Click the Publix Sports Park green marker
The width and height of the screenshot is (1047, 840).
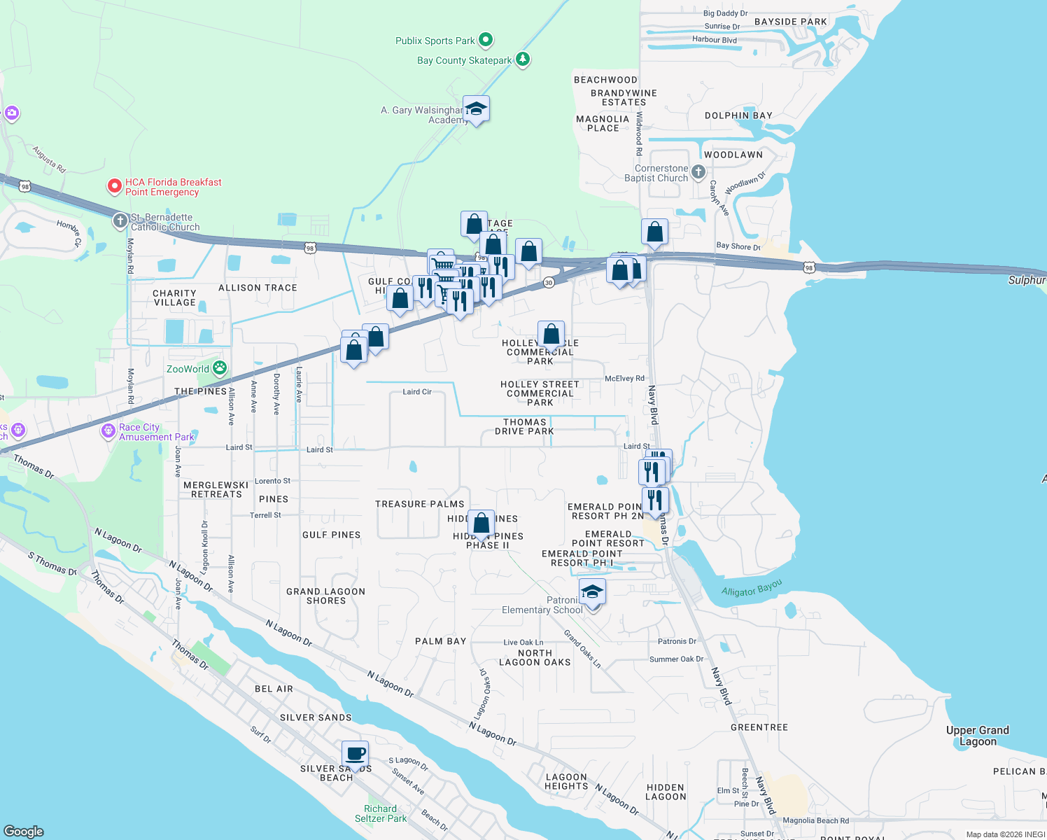486,40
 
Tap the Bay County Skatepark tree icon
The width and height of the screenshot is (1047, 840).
523,59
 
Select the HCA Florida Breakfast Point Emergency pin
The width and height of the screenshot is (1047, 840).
114,186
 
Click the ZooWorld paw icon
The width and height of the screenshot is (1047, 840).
220,368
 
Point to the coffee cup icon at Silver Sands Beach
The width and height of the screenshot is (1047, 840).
356,755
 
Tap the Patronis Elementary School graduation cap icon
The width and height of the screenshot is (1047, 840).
592,593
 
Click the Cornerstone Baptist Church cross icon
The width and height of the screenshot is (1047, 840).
698,171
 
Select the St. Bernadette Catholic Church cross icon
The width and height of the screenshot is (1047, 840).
120,221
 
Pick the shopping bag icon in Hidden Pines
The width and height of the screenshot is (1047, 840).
482,523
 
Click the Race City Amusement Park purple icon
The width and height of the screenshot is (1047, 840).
108,430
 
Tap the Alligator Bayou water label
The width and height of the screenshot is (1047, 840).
752,587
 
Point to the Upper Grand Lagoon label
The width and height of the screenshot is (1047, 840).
978,736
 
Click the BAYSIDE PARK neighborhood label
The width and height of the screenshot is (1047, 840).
791,22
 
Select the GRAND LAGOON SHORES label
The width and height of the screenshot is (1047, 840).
326,596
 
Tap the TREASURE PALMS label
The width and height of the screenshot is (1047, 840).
420,504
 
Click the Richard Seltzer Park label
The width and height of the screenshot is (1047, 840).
380,813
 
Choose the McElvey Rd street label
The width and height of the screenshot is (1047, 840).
624,379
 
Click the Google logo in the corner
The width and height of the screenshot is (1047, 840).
24,831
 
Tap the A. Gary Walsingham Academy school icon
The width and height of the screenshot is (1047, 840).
476,109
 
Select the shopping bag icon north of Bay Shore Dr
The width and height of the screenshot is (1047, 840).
654,232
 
